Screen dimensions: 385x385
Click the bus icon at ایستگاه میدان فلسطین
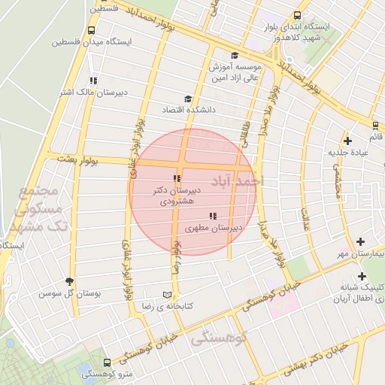pos(91,31)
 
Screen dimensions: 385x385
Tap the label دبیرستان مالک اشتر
pos(87,92)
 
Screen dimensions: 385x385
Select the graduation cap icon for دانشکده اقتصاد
pos(188,99)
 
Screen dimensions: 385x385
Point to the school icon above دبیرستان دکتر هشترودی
pos(177,178)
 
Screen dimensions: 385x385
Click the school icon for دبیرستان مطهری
pos(213,216)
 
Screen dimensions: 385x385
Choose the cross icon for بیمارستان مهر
pos(361,242)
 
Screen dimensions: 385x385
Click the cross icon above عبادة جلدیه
pos(347,141)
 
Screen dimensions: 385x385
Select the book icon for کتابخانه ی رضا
pos(167,295)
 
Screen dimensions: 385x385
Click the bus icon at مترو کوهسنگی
pos(106,362)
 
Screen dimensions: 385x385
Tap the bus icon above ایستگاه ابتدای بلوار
pos(298,15)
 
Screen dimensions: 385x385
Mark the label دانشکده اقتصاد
pos(189,110)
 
